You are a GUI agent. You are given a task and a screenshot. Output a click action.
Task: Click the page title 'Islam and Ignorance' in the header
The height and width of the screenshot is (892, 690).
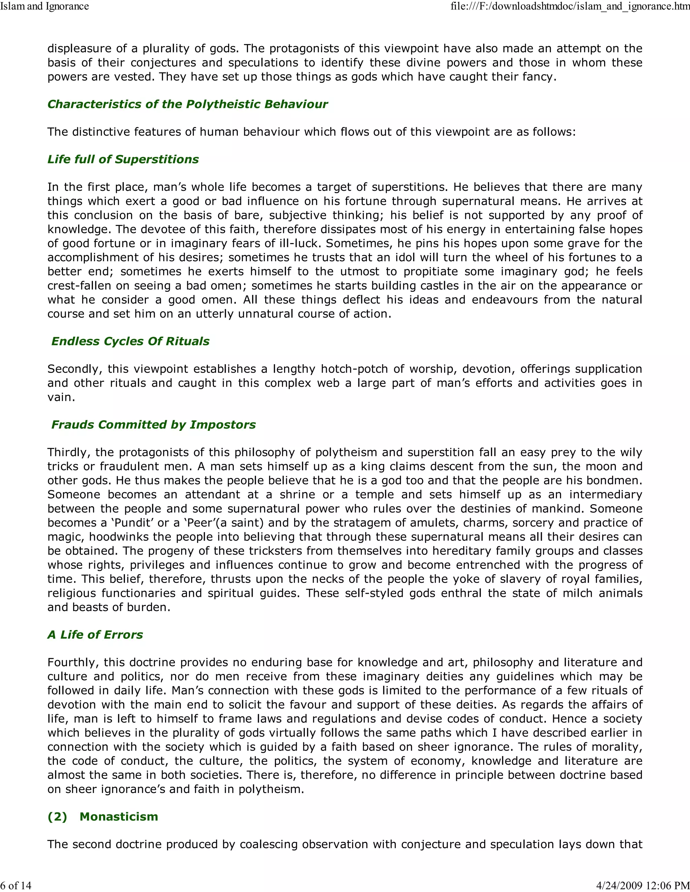point(44,6)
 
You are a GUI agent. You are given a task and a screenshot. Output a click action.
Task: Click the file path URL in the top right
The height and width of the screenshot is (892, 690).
point(570,6)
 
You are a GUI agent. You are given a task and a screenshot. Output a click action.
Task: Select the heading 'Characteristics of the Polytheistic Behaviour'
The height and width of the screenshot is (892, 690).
point(188,104)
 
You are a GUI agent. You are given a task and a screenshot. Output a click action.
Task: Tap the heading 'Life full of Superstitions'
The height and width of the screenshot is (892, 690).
point(123,159)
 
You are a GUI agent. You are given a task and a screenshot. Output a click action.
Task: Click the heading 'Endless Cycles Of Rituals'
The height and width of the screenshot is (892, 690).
point(130,341)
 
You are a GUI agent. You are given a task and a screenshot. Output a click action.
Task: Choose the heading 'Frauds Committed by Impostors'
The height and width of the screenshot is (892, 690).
point(153,425)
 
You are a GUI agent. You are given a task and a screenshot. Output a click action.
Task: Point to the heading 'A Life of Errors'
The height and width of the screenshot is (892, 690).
point(95,635)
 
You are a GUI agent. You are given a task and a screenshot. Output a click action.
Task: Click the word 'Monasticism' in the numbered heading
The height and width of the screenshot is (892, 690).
point(119,817)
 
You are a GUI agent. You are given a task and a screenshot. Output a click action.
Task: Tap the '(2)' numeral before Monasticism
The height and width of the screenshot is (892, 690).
point(57,817)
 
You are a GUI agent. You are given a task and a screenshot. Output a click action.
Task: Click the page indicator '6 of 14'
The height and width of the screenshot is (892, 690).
point(16,885)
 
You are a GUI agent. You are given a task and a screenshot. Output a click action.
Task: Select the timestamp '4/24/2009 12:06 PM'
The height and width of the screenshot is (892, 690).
point(643,885)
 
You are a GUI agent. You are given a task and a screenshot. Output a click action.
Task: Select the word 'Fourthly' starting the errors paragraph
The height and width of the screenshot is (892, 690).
point(72,662)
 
